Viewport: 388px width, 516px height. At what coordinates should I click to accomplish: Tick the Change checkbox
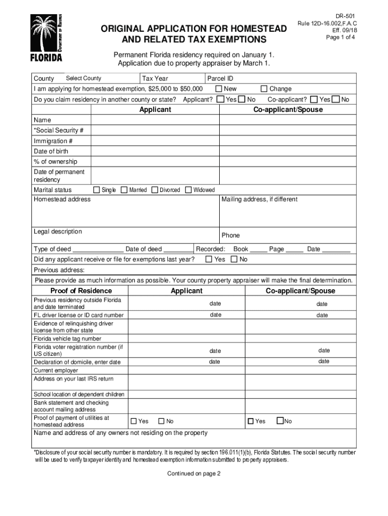coord(264,89)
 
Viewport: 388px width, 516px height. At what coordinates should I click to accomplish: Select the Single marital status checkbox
coord(97,190)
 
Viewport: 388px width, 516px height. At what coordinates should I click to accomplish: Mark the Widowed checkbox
coord(188,190)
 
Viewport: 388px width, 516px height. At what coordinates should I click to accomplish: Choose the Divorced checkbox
coord(155,190)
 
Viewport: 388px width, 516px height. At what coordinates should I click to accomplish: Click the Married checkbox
coord(124,190)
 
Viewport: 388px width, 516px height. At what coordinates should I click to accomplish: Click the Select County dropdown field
coord(84,78)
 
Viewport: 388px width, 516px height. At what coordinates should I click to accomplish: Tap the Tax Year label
coord(155,79)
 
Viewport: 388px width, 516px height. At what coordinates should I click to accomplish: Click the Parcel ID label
coord(220,79)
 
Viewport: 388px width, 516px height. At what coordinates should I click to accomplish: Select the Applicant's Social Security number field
coord(155,131)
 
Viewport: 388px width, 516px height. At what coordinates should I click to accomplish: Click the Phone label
coord(231,235)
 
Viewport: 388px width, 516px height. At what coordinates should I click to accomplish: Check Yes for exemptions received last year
coord(209,259)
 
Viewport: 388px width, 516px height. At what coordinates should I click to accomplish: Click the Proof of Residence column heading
coord(81,291)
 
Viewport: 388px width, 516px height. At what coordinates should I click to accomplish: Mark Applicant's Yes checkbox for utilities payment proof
coord(134,421)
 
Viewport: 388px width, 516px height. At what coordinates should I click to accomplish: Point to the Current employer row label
coord(56,370)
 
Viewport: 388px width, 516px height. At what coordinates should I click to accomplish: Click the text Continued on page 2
coord(193,473)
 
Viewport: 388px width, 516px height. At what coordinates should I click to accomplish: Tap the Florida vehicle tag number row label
coord(67,339)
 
